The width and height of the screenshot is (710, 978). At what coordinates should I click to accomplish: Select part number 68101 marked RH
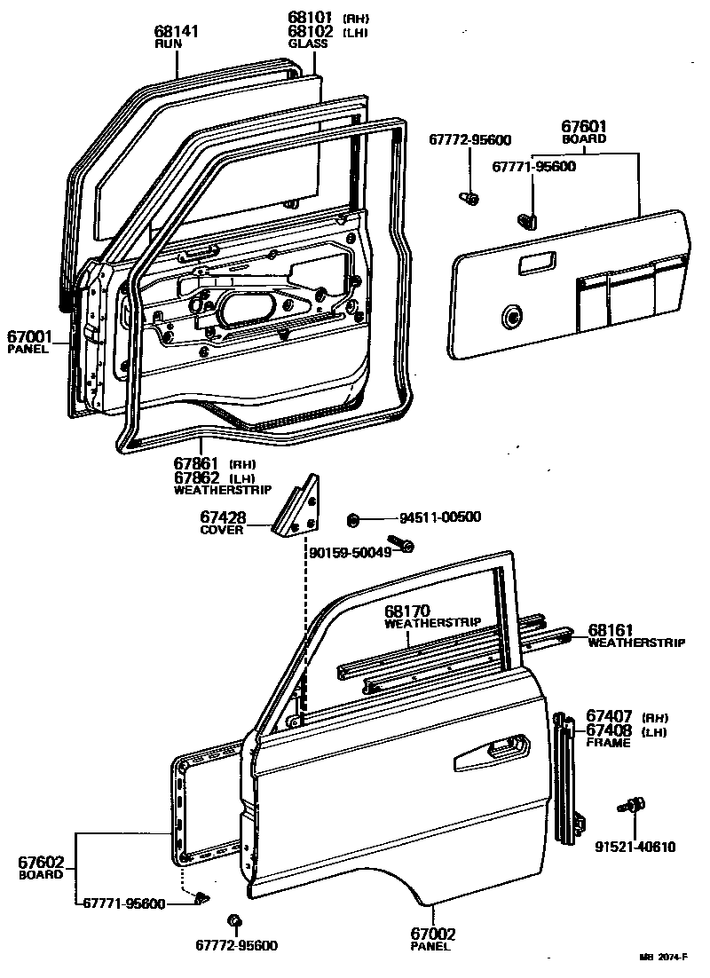click(309, 18)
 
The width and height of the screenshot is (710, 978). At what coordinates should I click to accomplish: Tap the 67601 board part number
click(585, 127)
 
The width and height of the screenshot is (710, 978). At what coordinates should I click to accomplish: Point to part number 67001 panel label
click(30, 337)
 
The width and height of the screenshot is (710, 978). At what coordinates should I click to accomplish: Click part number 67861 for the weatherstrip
click(197, 463)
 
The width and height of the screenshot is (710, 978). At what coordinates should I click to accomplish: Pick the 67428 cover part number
click(223, 517)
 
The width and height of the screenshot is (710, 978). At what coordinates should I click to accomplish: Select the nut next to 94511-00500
click(352, 518)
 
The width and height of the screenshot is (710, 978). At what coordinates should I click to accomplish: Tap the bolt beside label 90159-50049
click(399, 543)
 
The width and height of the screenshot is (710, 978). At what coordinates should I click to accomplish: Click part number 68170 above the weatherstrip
click(407, 611)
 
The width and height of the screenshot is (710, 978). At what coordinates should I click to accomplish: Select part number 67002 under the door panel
click(432, 934)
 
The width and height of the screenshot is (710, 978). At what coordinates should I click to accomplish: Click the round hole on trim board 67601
click(511, 315)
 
